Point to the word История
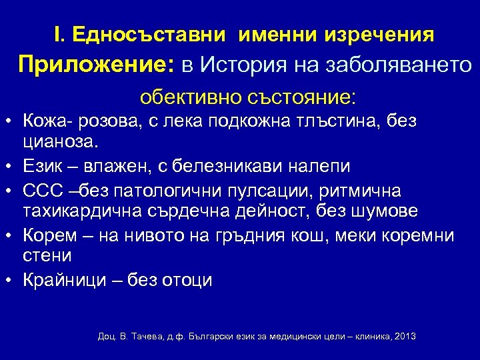248,65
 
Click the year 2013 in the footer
405,336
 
